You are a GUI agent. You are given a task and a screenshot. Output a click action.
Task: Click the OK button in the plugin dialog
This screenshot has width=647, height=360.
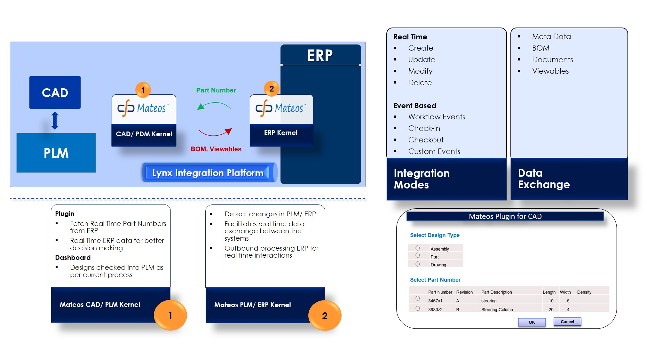click(532, 322)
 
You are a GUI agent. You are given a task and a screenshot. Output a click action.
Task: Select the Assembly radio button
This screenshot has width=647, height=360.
click(418, 248)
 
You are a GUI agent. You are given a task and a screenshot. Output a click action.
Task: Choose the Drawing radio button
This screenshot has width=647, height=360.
click(418, 264)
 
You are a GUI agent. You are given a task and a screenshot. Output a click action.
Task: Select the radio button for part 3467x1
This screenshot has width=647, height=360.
click(418, 298)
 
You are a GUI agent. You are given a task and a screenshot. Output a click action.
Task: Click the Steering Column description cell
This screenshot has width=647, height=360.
click(497, 309)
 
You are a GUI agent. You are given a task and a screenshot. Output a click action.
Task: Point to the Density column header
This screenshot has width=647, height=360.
click(584, 292)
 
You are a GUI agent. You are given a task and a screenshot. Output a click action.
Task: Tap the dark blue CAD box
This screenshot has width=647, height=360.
click(55, 92)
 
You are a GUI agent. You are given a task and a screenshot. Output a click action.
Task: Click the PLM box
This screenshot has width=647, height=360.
click(56, 153)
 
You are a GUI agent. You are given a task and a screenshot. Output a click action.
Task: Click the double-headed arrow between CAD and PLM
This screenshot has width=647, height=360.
click(55, 121)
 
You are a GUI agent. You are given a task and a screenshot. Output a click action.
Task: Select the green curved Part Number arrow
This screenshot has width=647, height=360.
click(214, 105)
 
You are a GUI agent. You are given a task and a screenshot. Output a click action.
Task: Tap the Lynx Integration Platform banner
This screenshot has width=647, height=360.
click(208, 173)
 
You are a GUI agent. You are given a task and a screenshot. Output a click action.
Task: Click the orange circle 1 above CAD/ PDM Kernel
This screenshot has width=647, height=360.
click(143, 90)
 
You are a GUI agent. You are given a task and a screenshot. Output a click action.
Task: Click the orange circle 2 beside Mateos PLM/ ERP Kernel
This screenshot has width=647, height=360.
click(325, 316)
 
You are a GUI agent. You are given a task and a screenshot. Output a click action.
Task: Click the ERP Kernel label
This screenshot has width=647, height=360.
click(281, 133)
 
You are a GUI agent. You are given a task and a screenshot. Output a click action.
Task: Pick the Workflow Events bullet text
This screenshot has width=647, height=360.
click(437, 117)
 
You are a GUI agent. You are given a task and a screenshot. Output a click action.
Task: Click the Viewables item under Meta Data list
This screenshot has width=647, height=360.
click(550, 71)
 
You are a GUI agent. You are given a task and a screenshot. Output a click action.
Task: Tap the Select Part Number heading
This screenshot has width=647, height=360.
click(435, 280)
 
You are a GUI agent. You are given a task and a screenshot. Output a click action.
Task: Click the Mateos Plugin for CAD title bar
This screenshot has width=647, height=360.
click(505, 216)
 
